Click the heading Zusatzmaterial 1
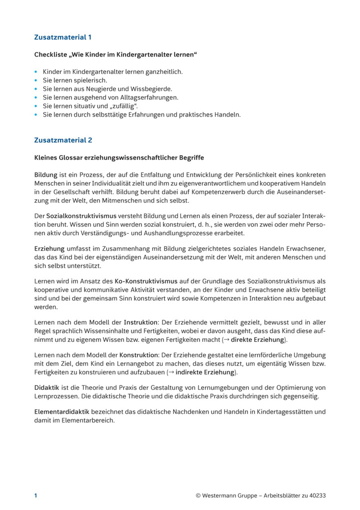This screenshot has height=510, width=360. point(62,38)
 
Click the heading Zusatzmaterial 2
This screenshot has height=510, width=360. point(62,140)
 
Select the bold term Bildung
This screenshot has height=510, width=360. point(45,175)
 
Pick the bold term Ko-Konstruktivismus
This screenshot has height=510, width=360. point(146,281)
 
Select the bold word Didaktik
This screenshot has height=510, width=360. point(46,388)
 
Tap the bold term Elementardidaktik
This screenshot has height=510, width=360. point(61,412)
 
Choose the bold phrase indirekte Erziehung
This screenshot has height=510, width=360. point(204,373)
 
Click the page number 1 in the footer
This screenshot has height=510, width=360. point(36,496)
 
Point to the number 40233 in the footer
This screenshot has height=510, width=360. point(315,496)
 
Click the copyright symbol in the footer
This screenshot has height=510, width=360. point(198,496)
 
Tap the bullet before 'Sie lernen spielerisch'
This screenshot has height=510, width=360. point(36,80)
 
